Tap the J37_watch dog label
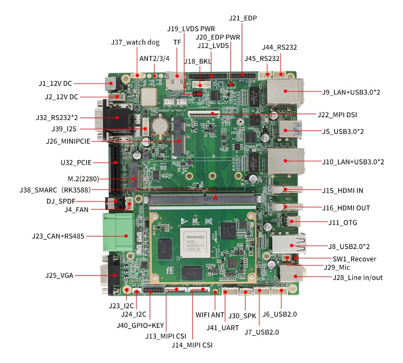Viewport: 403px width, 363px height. pos(135,42)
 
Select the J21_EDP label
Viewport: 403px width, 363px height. pos(243,18)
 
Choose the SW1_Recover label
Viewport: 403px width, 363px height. pos(354,259)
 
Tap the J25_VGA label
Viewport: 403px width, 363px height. pos(59,275)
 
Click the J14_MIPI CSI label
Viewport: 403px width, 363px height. pos(192,345)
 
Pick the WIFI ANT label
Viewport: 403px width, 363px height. pos(210,314)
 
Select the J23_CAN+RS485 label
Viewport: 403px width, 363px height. pos(58,236)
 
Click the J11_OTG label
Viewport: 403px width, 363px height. pos(343,223)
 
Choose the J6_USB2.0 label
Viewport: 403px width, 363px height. pos(280,314)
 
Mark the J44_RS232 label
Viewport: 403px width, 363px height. pos(280,47)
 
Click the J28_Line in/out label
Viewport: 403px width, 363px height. pos(358,278)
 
